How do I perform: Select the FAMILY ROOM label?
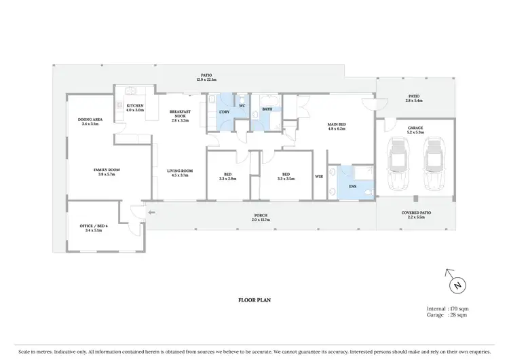point(107,173)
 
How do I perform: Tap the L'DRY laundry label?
point(223,111)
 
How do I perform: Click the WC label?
point(242,105)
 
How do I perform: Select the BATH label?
point(267,109)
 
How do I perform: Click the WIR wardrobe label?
point(319,177)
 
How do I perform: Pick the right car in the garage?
point(434,164)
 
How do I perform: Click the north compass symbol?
point(457,284)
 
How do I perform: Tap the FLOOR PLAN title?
point(254,299)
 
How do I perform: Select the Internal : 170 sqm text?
point(448,309)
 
